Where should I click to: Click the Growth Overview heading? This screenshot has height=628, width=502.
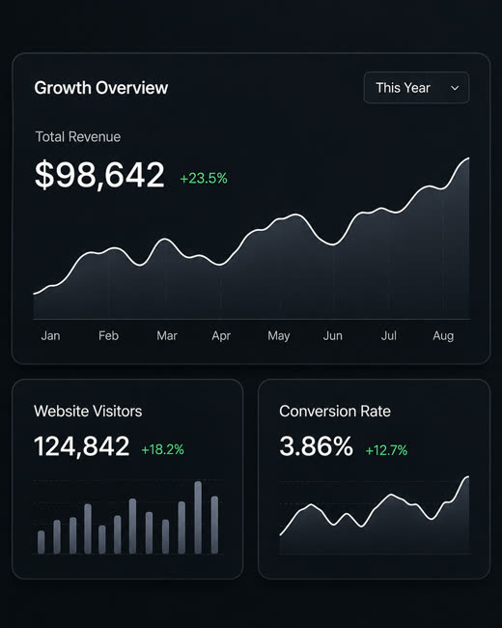pos(100,88)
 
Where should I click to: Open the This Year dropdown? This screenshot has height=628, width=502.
pos(416,88)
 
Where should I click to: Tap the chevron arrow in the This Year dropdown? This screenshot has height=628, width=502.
pos(455,88)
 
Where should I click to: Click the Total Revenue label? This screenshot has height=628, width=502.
pos(78,137)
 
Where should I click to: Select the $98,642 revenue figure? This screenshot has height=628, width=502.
pos(99,175)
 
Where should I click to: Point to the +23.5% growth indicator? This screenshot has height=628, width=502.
pos(204,178)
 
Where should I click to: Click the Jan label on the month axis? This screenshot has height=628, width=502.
pos(50,335)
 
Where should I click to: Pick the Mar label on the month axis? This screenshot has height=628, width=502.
pos(167,335)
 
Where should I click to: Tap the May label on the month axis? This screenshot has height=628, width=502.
pos(279,336)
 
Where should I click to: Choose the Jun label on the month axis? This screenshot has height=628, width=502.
pos(333,335)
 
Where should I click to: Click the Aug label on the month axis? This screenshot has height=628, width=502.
pos(443,336)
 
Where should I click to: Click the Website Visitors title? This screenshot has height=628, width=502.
pos(88,412)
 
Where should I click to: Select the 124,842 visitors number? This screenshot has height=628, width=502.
pos(82,446)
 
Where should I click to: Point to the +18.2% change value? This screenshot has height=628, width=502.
pos(162,449)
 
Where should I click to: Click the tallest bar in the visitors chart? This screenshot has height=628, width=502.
pos(198,517)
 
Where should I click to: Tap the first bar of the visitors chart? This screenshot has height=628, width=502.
pos(41,542)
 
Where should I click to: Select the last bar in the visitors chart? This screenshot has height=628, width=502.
pos(214,525)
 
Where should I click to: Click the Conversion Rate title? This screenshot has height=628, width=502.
pos(335,412)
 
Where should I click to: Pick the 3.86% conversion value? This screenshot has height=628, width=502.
pos(317,446)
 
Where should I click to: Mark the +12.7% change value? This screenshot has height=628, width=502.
pos(386,450)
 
